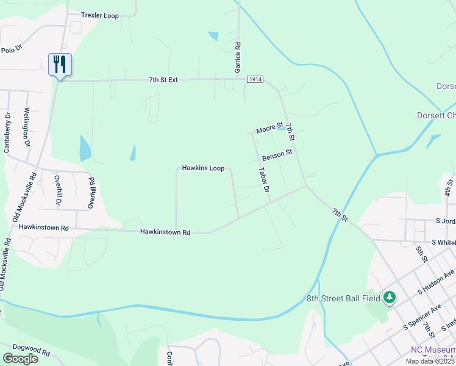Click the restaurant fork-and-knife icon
(60, 64)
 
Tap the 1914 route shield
(255, 80)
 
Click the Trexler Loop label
(101, 15)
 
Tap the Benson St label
(277, 156)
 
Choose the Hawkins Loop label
(203, 168)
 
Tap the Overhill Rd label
(91, 193)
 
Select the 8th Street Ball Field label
(343, 298)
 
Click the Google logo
(20, 358)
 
